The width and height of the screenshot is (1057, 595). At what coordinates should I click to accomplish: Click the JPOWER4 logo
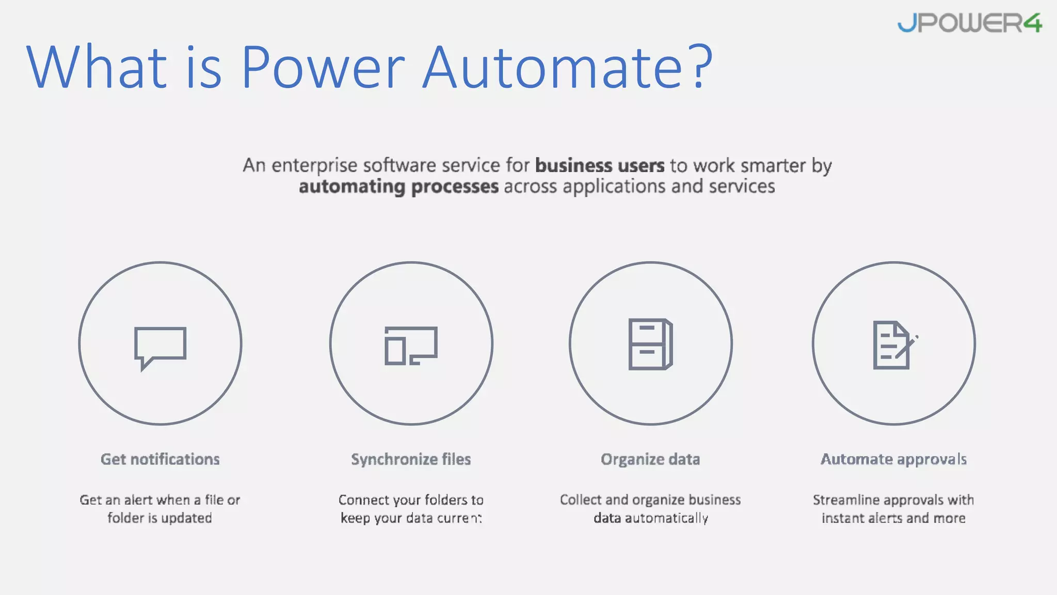(969, 23)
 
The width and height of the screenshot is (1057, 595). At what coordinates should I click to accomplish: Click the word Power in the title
(323, 67)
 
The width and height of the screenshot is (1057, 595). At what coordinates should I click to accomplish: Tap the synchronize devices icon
(411, 345)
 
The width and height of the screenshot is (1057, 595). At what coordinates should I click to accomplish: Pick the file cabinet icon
(650, 344)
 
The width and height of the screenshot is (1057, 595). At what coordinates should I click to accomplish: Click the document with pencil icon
(894, 345)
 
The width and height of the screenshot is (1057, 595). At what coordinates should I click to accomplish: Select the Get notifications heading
(160, 459)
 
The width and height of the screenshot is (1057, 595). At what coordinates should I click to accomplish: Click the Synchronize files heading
(411, 459)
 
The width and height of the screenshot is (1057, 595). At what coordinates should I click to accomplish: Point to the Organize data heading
(650, 459)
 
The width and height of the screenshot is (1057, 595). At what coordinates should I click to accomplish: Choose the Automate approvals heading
(893, 459)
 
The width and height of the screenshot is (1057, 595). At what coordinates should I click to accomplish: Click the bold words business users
(600, 166)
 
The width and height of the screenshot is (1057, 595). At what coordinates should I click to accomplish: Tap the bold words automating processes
(398, 186)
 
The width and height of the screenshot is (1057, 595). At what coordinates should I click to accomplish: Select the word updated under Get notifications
(186, 518)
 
